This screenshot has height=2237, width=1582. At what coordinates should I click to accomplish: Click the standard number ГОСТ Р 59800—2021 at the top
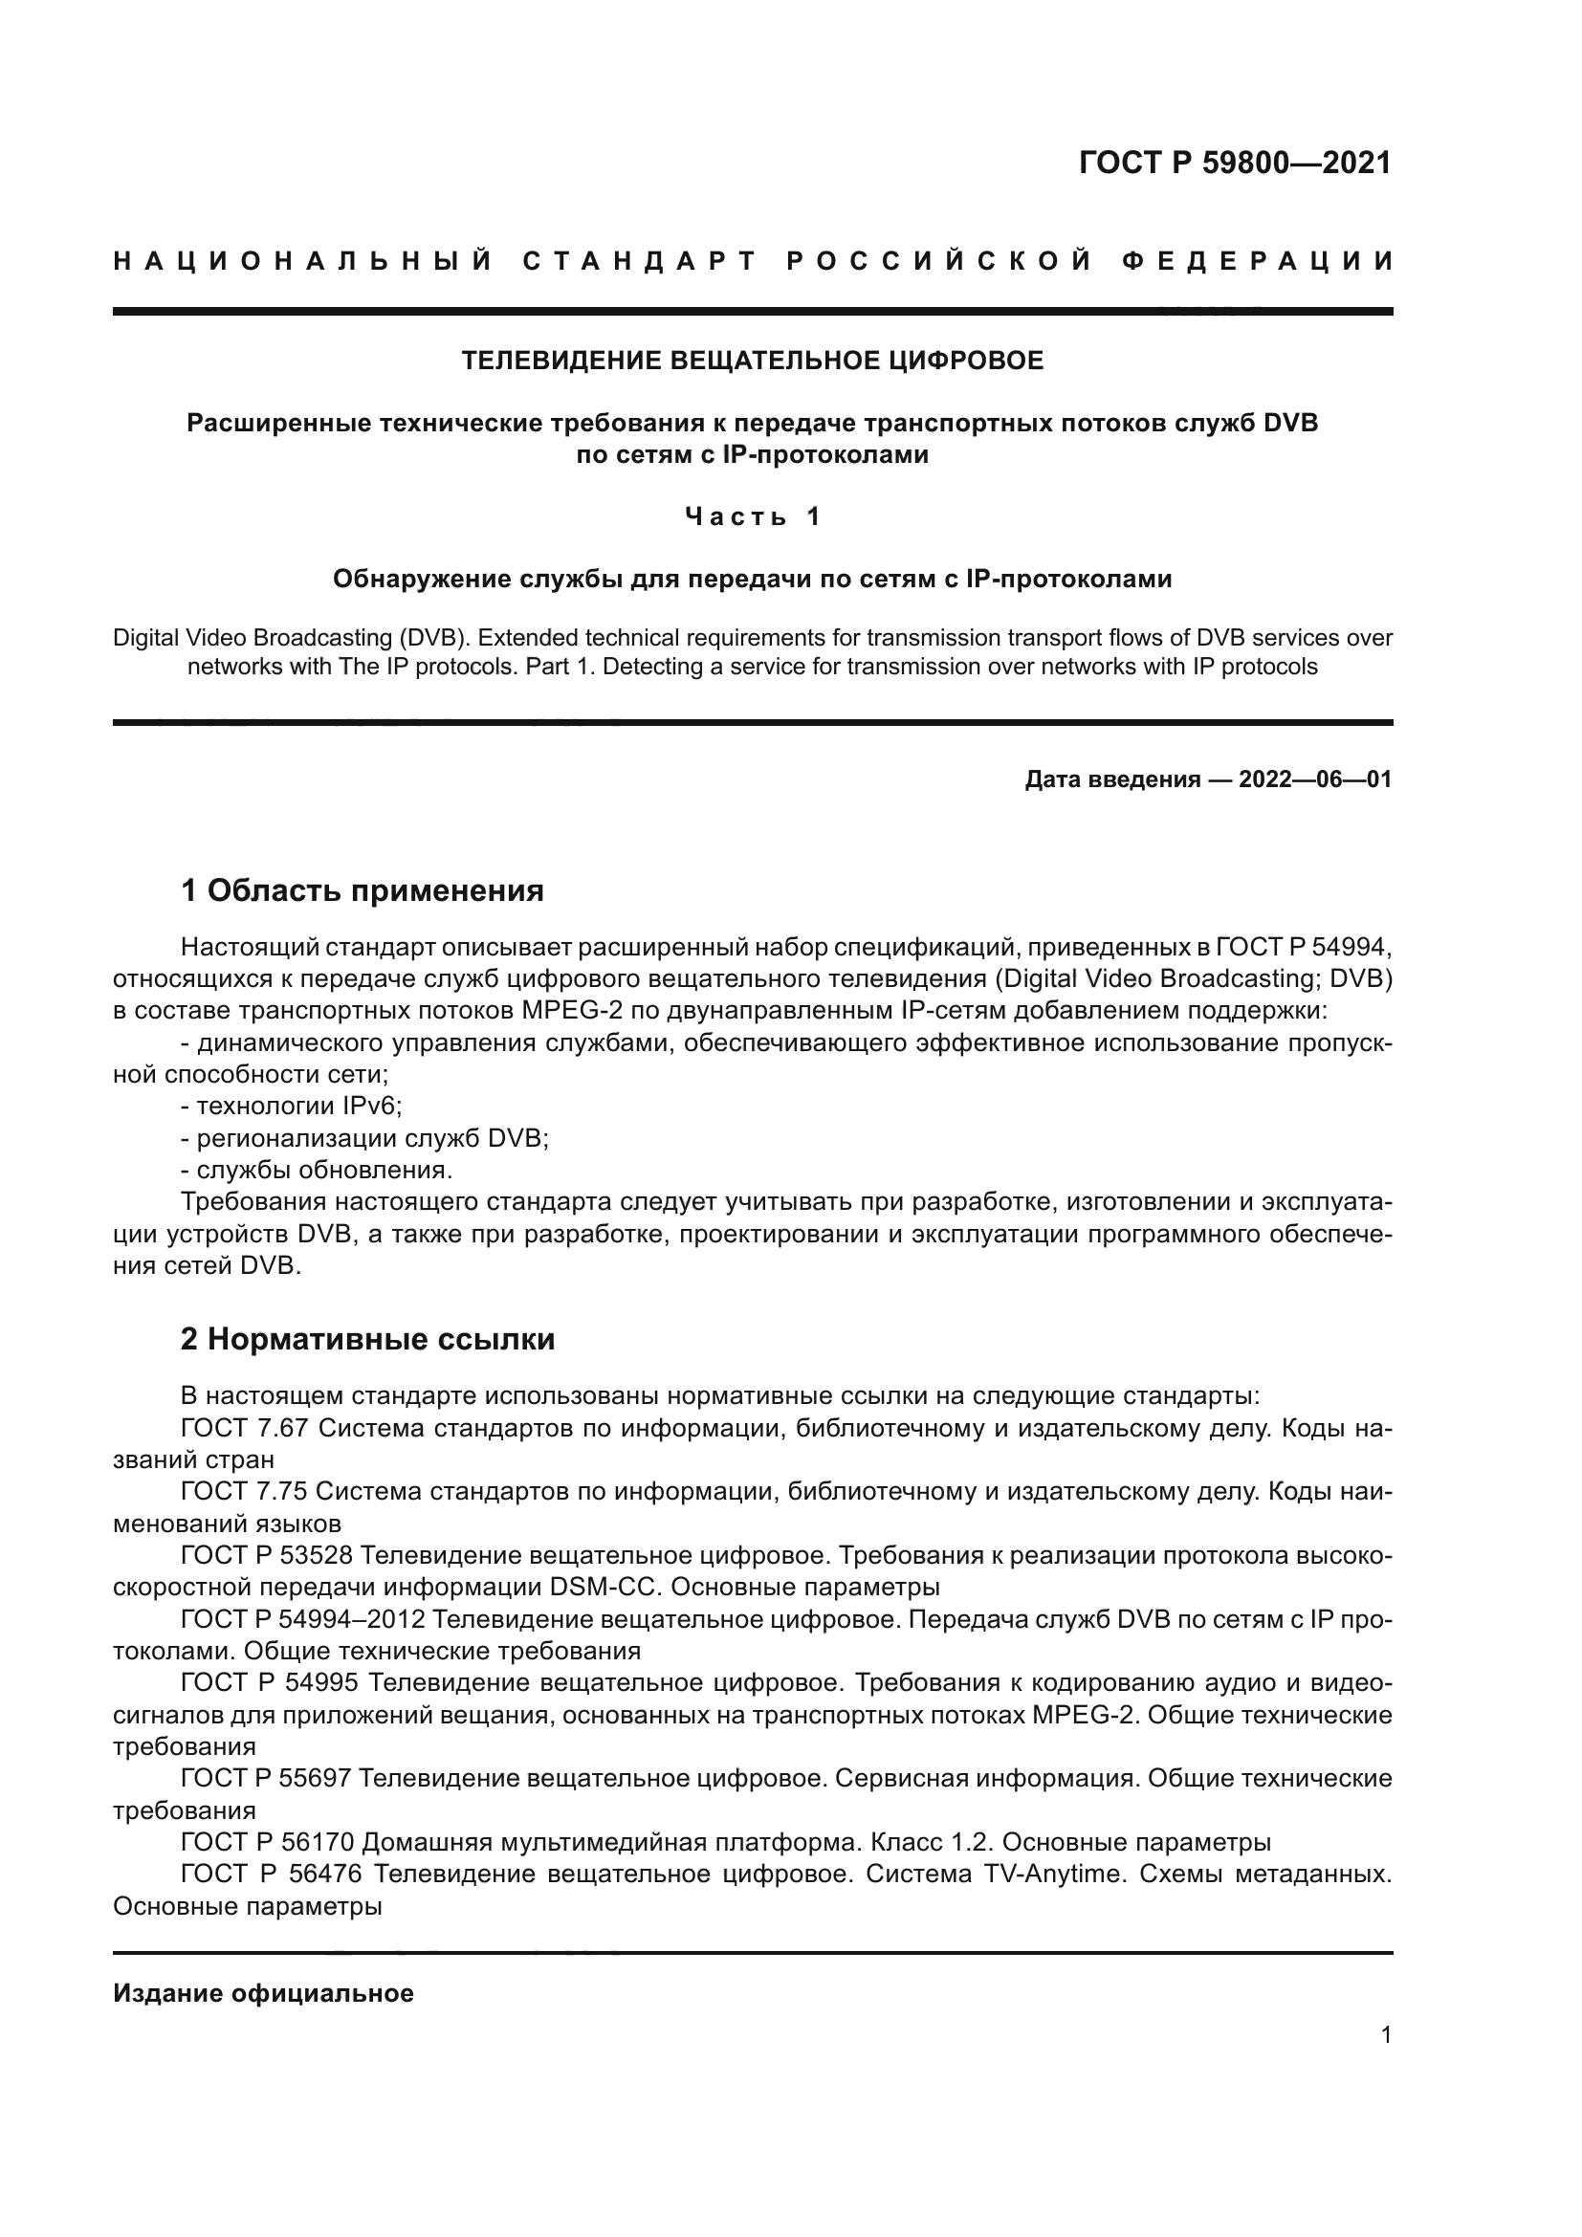pos(1234,163)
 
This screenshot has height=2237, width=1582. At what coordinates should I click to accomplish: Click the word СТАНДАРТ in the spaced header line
pos(640,261)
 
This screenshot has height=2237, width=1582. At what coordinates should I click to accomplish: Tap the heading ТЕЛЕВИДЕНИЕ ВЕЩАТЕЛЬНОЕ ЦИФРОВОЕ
pos(752,361)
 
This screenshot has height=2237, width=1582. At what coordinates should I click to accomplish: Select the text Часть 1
pos(752,516)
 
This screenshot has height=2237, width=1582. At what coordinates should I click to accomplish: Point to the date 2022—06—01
pos(1314,779)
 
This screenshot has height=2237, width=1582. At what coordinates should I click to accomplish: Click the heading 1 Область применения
pos(363,890)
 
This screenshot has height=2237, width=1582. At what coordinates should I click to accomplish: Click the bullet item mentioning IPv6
pos(292,1106)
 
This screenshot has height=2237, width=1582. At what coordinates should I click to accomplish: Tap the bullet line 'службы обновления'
pos(317,1169)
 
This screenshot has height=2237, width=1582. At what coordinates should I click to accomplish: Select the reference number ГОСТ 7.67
pos(244,1428)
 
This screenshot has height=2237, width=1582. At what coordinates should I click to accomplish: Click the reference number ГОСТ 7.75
pos(244,1492)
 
